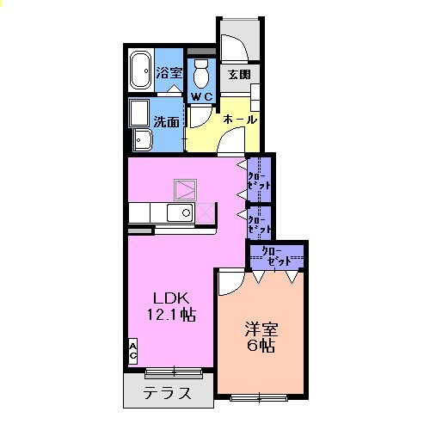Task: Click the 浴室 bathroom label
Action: (x=168, y=72)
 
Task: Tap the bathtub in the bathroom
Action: (x=140, y=72)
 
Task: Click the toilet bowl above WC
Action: (x=202, y=69)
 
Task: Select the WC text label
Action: (x=201, y=96)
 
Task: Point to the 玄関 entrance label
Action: (x=238, y=74)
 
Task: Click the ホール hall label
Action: (x=240, y=120)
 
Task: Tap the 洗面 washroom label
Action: (x=167, y=122)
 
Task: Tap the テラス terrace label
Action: (x=167, y=396)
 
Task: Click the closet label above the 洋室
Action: (x=277, y=255)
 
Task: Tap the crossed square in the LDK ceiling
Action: (x=185, y=188)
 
